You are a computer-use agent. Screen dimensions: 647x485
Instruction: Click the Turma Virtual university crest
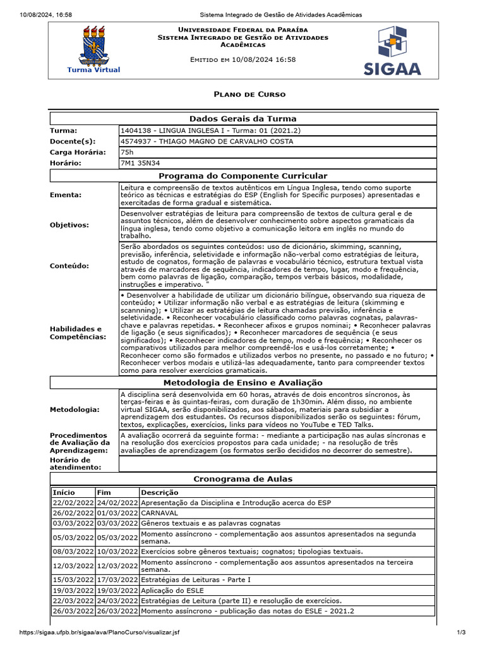pos(93,49)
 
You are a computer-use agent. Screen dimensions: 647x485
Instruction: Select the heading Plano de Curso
pos(249,94)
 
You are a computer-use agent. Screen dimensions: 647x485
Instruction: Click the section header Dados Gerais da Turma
pos(243,119)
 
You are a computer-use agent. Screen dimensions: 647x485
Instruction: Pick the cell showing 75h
pos(126,152)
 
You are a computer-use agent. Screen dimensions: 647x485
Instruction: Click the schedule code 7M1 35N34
pos(141,163)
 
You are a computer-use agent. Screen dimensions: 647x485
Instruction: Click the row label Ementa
pos(66,195)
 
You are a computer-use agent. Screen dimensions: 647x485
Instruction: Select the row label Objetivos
pos(69,225)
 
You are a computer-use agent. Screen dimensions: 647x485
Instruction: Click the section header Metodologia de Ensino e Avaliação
pos(243,383)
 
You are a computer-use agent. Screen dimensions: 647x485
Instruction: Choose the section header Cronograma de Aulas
pos(243,479)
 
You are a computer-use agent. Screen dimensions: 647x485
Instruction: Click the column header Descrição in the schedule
pos(159,492)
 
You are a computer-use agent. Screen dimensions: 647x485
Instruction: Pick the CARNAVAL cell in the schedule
pos(160,513)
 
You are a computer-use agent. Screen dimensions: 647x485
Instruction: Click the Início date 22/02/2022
pos(73,503)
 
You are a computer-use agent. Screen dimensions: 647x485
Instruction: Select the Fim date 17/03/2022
pos(117,579)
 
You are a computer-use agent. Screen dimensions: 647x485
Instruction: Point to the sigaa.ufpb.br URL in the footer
pos(99,632)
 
